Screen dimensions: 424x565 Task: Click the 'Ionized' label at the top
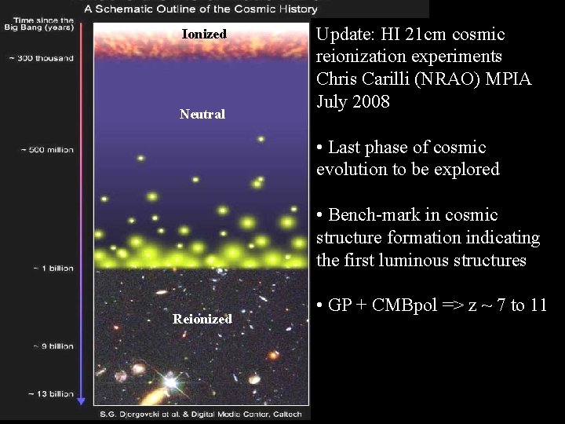[x=204, y=35]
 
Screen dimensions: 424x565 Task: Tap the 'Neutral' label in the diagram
[x=202, y=114]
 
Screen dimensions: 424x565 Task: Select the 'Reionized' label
[x=203, y=319]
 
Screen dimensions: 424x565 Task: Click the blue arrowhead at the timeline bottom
[x=81, y=400]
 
